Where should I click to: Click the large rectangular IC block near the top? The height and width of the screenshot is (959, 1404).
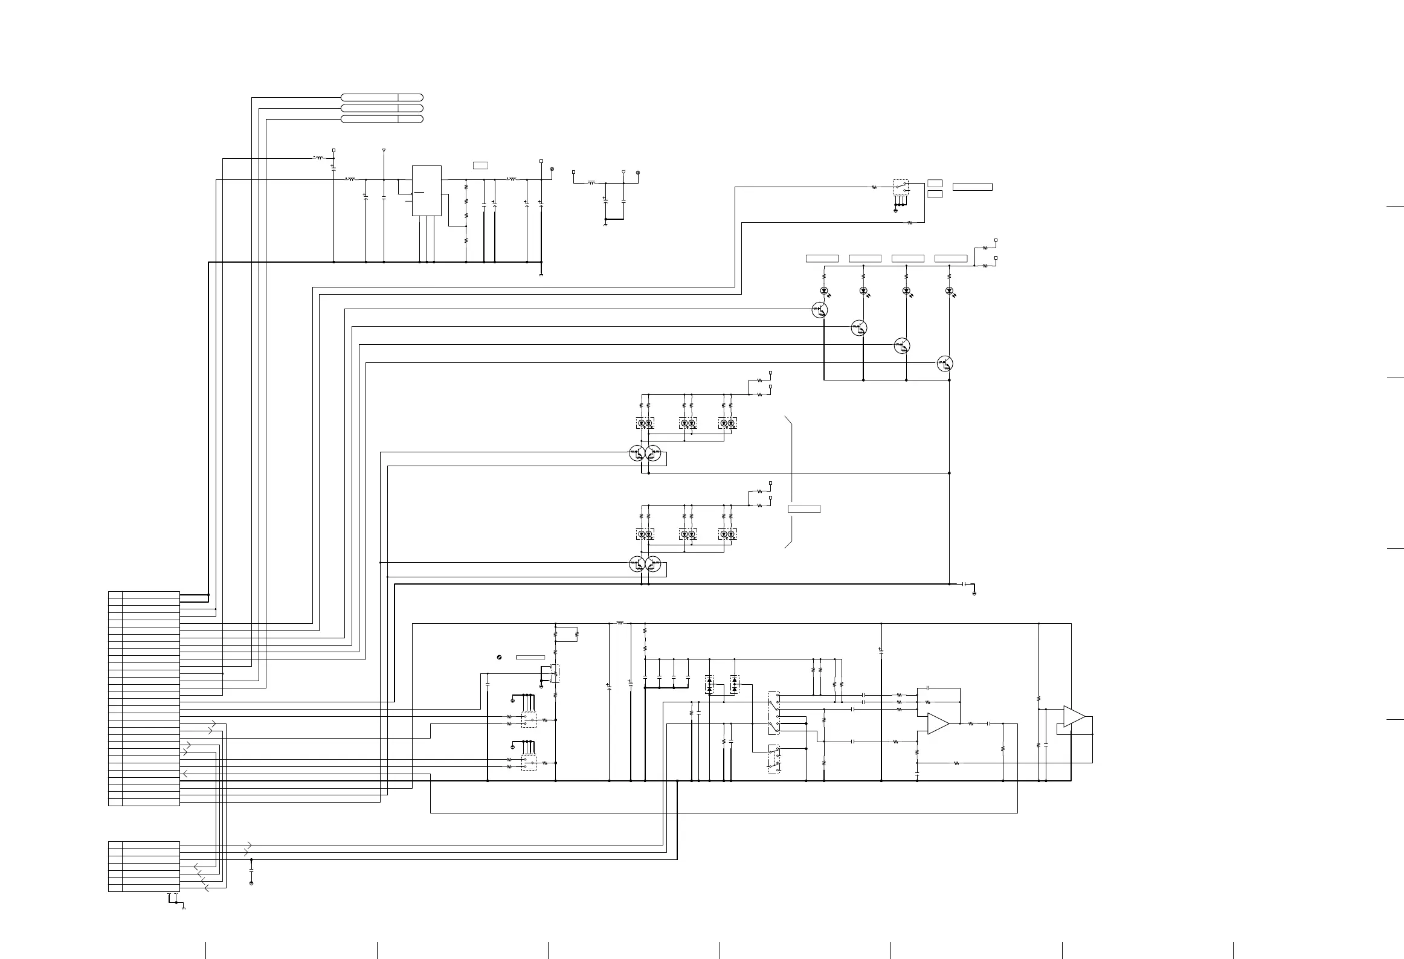[427, 190]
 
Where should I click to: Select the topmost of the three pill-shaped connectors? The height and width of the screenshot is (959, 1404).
[382, 97]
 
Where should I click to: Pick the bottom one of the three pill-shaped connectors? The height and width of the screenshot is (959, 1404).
[382, 119]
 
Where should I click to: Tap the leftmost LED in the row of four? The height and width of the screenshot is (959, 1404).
[824, 291]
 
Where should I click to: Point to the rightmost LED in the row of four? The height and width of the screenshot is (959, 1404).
[949, 291]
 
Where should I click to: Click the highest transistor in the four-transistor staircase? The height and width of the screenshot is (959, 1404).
[820, 310]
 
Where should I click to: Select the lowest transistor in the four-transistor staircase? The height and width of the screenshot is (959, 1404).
[945, 364]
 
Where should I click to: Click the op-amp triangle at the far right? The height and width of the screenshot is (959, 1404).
[1074, 716]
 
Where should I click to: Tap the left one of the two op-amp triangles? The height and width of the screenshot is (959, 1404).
[937, 723]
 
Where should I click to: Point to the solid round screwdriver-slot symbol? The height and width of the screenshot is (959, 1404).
[500, 657]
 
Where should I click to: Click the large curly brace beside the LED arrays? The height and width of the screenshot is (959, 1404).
[789, 482]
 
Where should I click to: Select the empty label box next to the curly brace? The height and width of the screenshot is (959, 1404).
[804, 508]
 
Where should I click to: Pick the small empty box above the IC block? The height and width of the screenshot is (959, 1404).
[480, 165]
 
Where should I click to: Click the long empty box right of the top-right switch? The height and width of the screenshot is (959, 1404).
[972, 187]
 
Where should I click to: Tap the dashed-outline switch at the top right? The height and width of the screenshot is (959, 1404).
[900, 187]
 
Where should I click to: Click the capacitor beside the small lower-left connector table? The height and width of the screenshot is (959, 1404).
[251, 871]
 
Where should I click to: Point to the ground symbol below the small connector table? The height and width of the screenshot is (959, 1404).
[182, 908]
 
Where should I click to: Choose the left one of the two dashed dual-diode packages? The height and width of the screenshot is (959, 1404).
[709, 684]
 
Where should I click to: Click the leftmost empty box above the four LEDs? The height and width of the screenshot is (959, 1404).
[822, 258]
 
